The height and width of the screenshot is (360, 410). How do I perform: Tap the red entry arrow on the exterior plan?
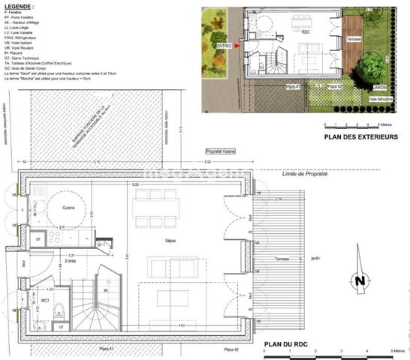[x=237, y=46]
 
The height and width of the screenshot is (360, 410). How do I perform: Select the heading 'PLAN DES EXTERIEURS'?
[x=360, y=137]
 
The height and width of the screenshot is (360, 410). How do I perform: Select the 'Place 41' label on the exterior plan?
[x=294, y=87]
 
